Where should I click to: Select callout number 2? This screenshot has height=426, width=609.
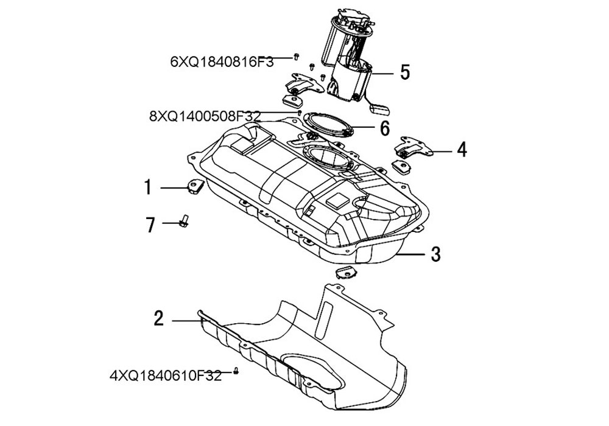point(158,318)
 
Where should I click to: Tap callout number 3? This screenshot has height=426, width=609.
point(435,254)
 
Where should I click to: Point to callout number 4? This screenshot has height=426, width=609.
point(462,148)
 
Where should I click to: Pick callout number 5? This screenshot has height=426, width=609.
point(404,72)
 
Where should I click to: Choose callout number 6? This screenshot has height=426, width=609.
point(384,128)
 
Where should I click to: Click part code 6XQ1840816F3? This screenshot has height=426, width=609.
point(222,61)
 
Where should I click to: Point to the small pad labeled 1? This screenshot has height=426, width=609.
point(194,187)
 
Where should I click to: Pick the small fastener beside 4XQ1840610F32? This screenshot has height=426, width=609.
point(236,371)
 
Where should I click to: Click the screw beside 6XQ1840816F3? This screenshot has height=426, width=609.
point(296,57)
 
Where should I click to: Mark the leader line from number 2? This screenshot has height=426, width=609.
point(186,319)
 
